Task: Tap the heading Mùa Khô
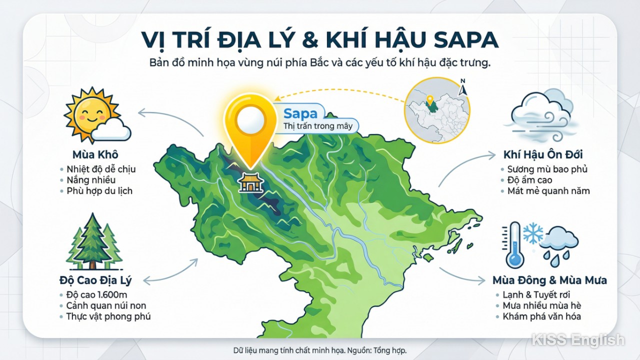pos(95,154)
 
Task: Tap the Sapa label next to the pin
pos(300,113)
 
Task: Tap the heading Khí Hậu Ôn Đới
pos(543,154)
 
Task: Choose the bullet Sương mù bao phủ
pos(547,169)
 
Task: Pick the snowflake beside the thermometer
pos(532,233)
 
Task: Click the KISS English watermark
pos(577,340)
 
